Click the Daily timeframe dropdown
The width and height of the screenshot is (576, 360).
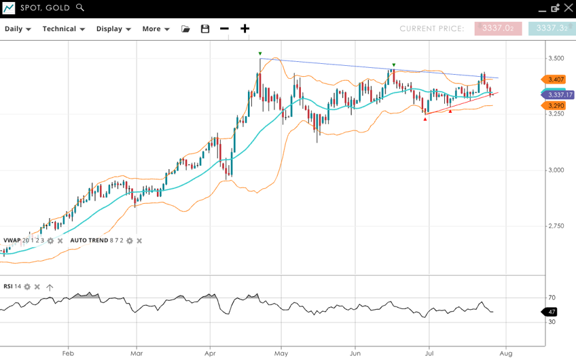tap(18, 29)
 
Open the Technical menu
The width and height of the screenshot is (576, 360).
tap(63, 29)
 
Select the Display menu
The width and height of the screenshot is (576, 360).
tap(113, 29)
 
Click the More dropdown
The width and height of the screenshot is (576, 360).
tap(156, 29)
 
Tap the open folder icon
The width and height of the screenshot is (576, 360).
tap(185, 29)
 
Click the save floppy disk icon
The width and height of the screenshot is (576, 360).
tap(205, 29)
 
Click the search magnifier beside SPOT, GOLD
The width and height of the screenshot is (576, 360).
tap(80, 7)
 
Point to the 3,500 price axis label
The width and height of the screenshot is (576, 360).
tap(556, 58)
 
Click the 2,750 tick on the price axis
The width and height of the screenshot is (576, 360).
tap(556, 226)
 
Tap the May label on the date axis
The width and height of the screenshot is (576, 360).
tap(281, 353)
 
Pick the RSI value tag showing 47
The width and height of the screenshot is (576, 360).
tap(552, 312)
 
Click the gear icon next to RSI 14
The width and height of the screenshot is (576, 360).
tap(27, 287)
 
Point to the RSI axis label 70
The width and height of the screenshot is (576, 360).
tap(552, 298)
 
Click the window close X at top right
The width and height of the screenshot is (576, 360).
tap(569, 7)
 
